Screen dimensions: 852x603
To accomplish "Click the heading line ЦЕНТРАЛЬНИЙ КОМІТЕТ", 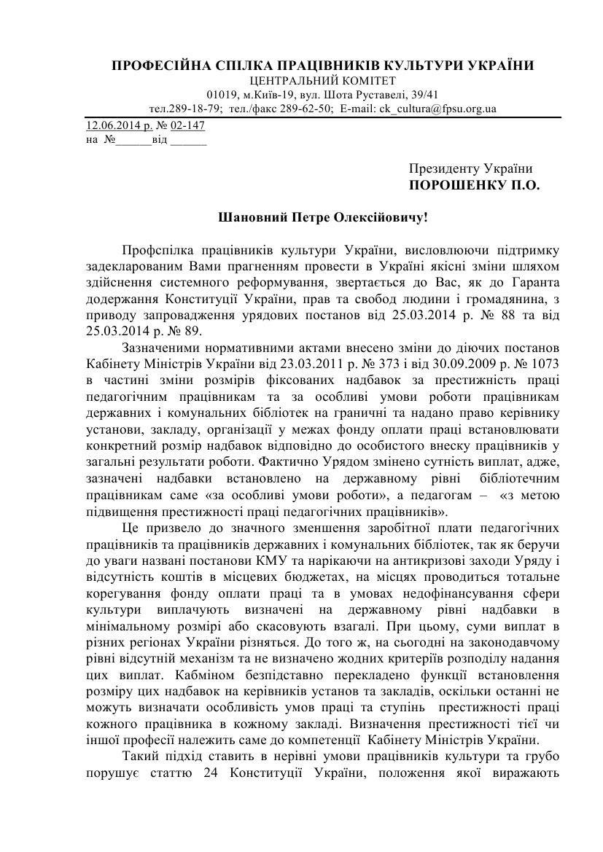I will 322,81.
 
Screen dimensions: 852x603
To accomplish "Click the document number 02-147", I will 187,125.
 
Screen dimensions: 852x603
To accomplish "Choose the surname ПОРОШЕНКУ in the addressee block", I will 456,185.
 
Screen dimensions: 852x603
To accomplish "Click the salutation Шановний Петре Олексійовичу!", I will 322,216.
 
